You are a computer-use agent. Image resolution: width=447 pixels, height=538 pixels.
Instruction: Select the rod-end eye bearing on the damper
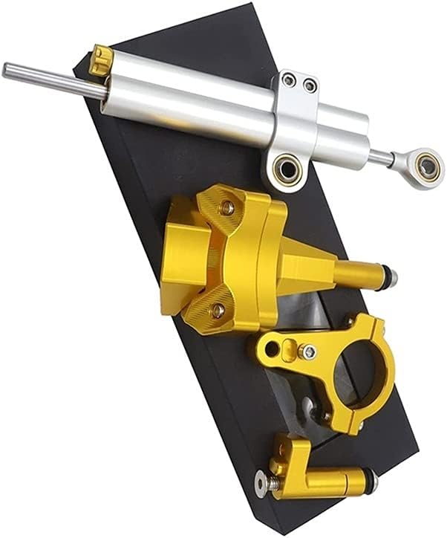(x=427, y=166)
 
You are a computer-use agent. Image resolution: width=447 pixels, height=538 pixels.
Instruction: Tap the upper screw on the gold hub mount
(x=226, y=209)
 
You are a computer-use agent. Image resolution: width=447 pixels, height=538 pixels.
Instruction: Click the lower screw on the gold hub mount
(x=218, y=309)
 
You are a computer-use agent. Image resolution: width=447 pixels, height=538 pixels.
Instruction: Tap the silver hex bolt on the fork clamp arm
(x=307, y=351)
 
